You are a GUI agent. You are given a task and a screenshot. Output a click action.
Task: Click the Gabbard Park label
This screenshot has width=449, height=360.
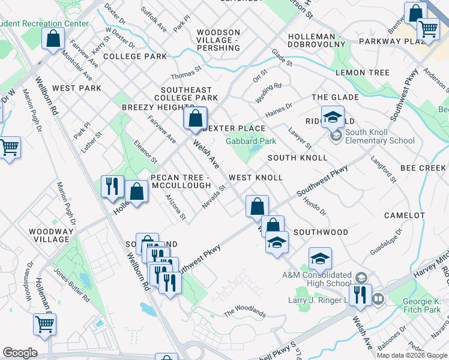[x=250, y=142]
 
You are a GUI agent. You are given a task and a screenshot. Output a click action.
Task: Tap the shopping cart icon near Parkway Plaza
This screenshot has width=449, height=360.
[x=428, y=28]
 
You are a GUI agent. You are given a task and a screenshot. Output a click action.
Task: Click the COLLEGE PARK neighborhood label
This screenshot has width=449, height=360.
[x=134, y=56]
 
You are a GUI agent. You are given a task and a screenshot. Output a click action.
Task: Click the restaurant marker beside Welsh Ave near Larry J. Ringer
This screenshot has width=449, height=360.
[x=360, y=296]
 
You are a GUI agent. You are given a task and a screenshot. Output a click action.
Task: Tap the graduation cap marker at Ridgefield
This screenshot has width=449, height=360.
[x=332, y=118]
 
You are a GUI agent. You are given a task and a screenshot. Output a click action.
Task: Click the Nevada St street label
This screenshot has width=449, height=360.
[x=213, y=197]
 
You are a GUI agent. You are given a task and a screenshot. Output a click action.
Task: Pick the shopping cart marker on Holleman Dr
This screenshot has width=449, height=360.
[x=44, y=325]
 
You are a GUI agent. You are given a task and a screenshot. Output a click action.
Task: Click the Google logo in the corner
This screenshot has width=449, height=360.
[x=20, y=353]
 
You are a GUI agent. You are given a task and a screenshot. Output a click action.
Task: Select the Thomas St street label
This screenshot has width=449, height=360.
[x=187, y=74]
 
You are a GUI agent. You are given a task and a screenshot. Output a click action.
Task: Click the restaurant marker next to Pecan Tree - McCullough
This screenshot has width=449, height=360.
[x=112, y=187]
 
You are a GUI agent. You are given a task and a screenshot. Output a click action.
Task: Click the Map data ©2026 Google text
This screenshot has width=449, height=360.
[x=411, y=355]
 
